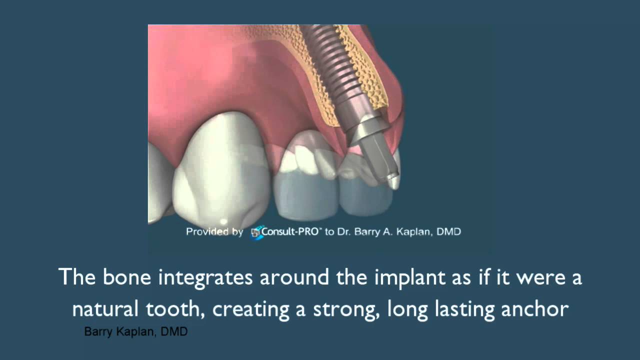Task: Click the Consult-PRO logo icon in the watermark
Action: pyautogui.click(x=256, y=232)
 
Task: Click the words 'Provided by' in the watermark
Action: pyautogui.click(x=214, y=232)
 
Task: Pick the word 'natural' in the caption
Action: pyautogui.click(x=105, y=309)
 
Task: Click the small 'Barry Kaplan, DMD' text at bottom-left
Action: pyautogui.click(x=135, y=332)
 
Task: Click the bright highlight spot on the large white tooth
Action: pyautogui.click(x=223, y=221)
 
